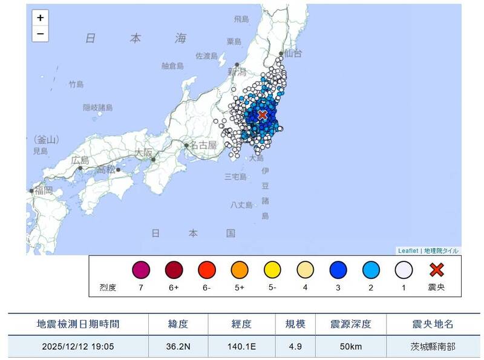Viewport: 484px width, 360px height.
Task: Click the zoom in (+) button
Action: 40,18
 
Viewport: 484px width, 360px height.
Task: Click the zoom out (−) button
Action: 40,33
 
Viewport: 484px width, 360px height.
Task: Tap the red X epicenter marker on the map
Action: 263,114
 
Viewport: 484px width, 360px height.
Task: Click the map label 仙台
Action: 292,54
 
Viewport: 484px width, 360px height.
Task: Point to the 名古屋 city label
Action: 203,145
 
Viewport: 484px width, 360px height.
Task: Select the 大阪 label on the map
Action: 144,152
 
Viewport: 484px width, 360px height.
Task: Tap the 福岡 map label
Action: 43,190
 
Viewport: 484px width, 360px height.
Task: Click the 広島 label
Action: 79,160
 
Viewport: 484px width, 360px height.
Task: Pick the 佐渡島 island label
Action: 206,56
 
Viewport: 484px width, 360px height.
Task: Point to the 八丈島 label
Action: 242,205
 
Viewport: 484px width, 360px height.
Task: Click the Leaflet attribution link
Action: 407,250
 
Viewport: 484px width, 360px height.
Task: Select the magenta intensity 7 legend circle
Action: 140,269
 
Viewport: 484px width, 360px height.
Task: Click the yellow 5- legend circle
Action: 272,269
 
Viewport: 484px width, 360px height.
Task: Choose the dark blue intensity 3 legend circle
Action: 338,269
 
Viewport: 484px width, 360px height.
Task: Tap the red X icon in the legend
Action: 436,269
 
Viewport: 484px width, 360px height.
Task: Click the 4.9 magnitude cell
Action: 295,347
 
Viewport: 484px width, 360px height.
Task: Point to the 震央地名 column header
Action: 431,324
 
